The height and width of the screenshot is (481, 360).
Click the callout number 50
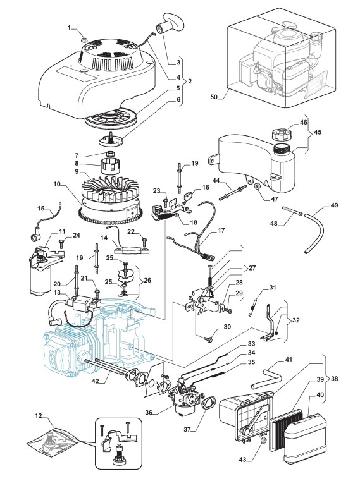pos(214,97)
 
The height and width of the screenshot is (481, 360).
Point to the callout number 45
pos(318,132)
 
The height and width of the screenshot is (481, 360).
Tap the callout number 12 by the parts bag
pos(39,416)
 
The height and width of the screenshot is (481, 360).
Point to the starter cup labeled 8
pos(109,166)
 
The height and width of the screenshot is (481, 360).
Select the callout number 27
pos(252,267)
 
